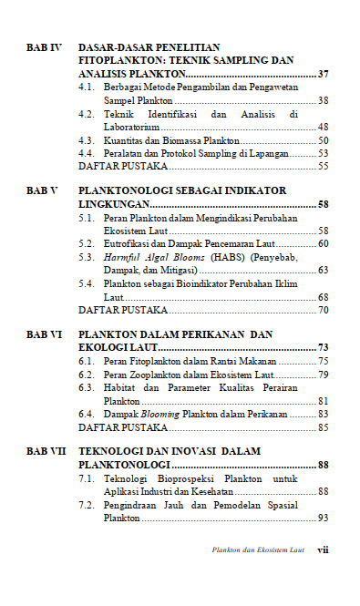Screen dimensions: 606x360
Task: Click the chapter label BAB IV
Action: pyautogui.click(x=43, y=46)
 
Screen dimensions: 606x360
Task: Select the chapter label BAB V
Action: pyautogui.click(x=42, y=190)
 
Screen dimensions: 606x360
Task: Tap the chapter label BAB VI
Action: pyautogui.click(x=44, y=334)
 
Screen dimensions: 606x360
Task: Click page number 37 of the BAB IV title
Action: pyautogui.click(x=324, y=72)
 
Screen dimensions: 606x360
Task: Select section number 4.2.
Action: pyautogui.click(x=87, y=115)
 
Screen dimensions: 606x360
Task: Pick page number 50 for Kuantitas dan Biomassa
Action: pyautogui.click(x=324, y=141)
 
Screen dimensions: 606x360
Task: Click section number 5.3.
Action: pyautogui.click(x=87, y=258)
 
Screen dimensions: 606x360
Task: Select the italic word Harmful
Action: pyautogui.click(x=126, y=258)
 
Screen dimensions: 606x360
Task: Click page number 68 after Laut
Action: pyautogui.click(x=324, y=298)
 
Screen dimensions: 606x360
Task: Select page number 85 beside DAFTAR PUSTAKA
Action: pyautogui.click(x=324, y=427)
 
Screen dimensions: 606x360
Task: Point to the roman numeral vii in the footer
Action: pyautogui.click(x=323, y=550)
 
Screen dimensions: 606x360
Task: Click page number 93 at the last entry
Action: pyautogui.click(x=324, y=519)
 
